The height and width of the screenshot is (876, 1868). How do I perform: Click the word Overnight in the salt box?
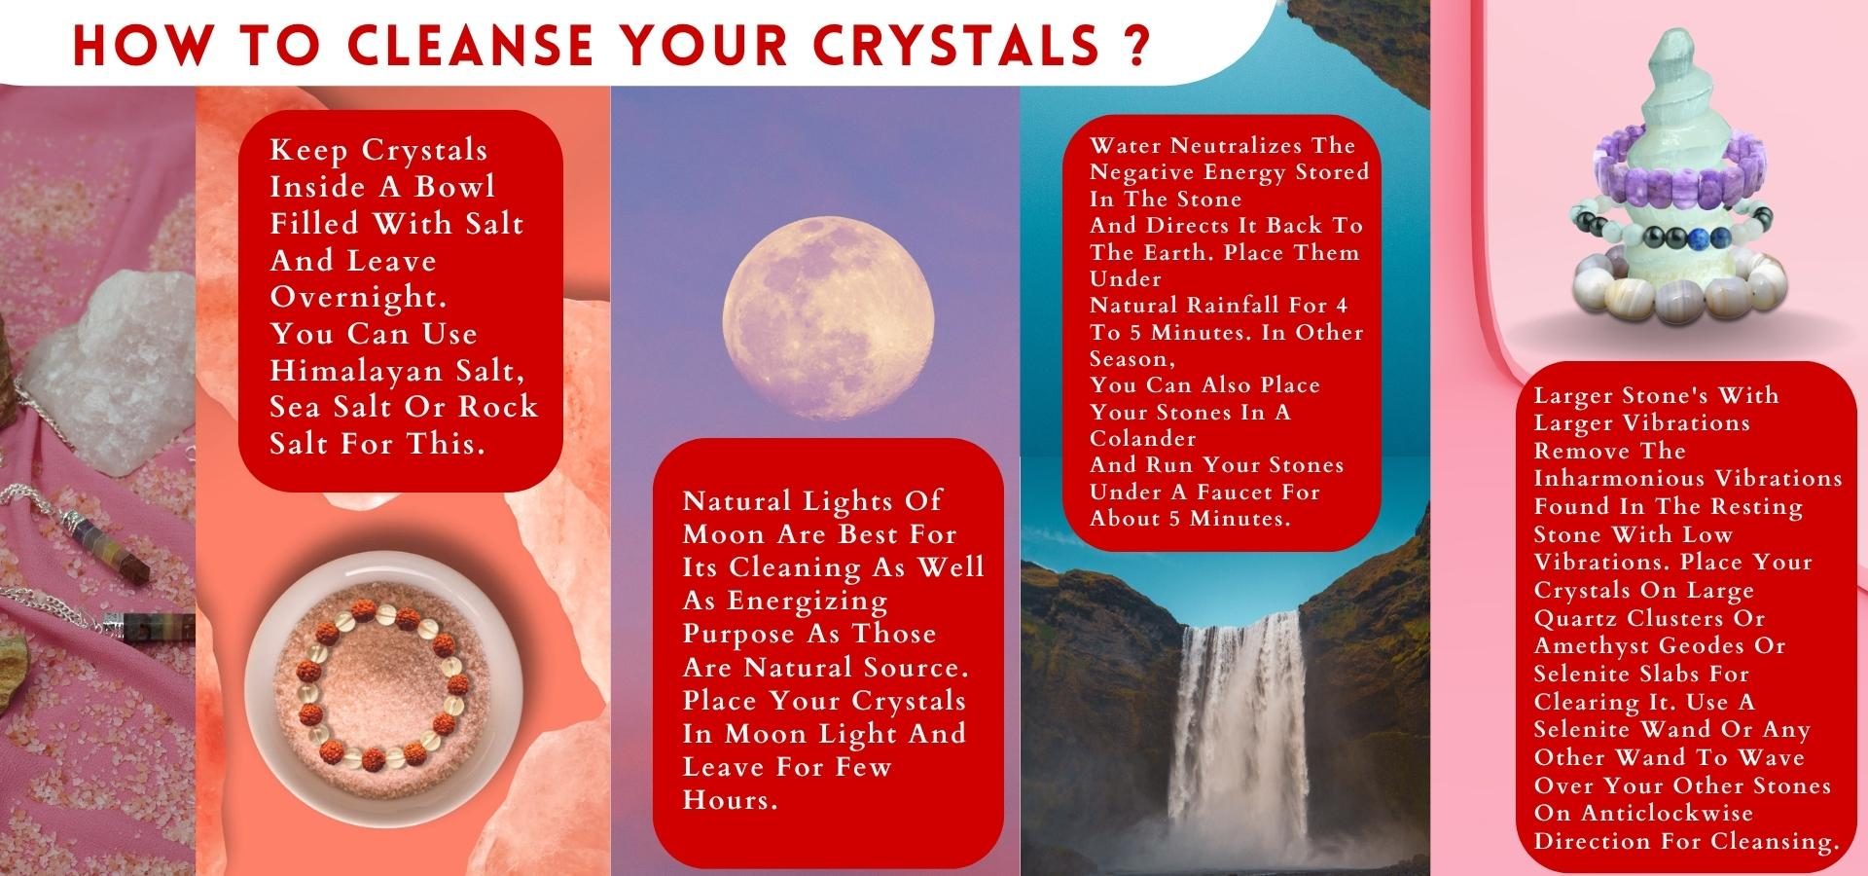click(x=359, y=297)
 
